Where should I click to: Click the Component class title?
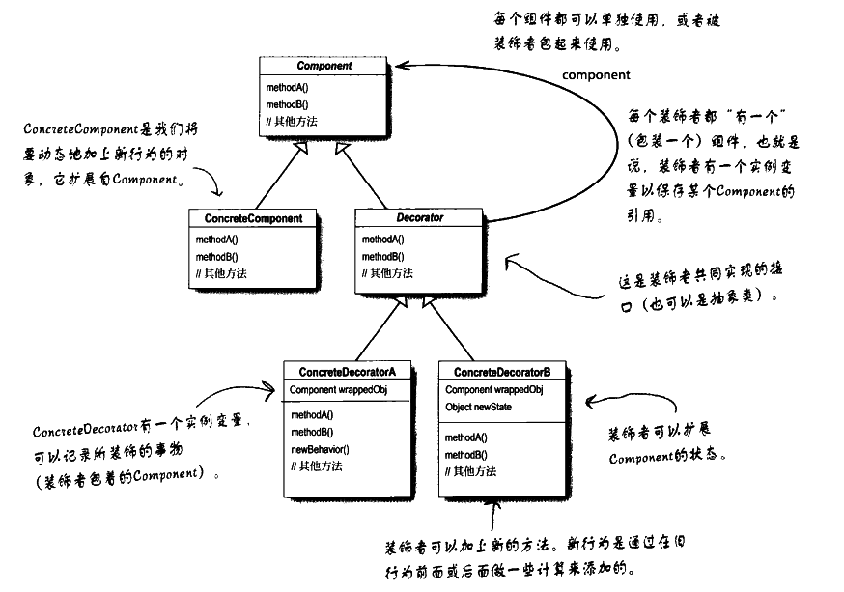(324, 67)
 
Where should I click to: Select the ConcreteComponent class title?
(253, 218)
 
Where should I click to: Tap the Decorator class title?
(419, 218)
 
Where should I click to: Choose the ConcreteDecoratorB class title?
(502, 372)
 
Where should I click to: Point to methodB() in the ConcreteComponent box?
(216, 257)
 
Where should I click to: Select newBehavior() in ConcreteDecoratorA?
(320, 449)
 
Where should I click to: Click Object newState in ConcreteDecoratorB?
(478, 408)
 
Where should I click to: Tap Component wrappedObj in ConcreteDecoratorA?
(331, 390)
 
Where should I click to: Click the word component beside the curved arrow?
(596, 74)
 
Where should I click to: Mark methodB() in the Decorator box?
(383, 257)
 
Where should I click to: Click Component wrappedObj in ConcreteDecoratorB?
(493, 390)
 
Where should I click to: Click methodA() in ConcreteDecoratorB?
(466, 437)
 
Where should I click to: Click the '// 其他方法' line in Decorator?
(387, 274)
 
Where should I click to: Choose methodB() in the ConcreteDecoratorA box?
(312, 432)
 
